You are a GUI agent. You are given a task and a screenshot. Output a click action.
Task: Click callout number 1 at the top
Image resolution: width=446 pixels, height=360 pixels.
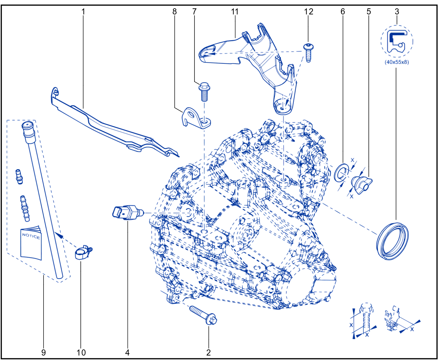click(83, 12)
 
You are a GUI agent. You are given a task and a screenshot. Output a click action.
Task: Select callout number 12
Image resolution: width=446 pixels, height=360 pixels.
click(309, 12)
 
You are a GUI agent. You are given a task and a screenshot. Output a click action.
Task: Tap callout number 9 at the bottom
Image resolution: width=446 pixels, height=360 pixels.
click(43, 352)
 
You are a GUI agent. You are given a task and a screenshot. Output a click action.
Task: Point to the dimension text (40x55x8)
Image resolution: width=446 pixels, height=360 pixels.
click(397, 62)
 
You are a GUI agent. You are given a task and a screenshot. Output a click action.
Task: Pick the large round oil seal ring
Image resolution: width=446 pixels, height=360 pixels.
click(392, 241)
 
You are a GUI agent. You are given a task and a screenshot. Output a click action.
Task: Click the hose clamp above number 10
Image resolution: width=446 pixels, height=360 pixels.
click(83, 253)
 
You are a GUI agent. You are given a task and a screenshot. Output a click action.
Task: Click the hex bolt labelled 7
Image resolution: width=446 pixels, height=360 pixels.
click(204, 92)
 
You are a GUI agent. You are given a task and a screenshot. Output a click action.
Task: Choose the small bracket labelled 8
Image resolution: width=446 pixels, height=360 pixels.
click(196, 118)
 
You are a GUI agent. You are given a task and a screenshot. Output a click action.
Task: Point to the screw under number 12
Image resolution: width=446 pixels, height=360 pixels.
click(308, 52)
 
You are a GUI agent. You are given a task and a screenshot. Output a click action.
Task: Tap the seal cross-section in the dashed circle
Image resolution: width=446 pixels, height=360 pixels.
click(397, 41)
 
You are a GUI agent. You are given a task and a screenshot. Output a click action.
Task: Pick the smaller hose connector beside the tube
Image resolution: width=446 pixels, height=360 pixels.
click(19, 177)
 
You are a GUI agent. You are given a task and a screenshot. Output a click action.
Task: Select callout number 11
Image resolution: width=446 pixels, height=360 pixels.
click(235, 12)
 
